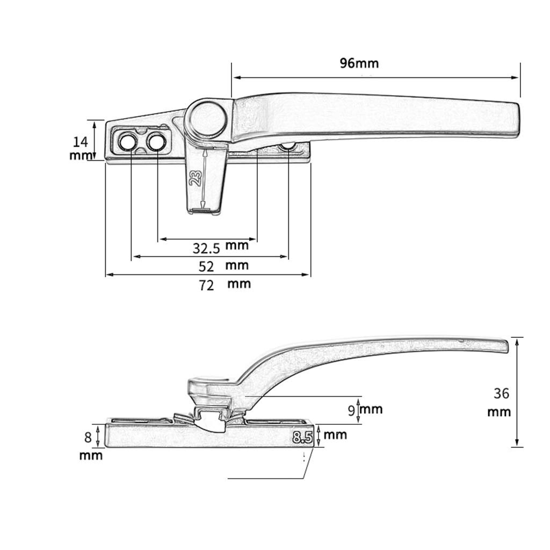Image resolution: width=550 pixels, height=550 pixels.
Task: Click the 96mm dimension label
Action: point(359,63)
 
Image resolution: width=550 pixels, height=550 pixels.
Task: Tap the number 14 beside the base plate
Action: point(81,142)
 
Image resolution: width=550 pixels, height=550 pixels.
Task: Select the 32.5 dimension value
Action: point(206,248)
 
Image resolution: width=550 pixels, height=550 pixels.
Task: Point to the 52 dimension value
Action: point(206,266)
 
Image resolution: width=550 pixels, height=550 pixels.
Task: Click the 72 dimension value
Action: point(206,286)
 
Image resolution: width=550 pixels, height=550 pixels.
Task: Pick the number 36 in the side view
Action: point(501,394)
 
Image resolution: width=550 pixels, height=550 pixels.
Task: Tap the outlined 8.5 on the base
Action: point(302,437)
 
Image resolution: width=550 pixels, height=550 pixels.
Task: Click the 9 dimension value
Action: point(352,410)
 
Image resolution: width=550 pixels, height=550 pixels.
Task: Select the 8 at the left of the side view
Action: point(88,437)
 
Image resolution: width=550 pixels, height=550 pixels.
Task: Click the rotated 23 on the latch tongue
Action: point(196,178)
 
